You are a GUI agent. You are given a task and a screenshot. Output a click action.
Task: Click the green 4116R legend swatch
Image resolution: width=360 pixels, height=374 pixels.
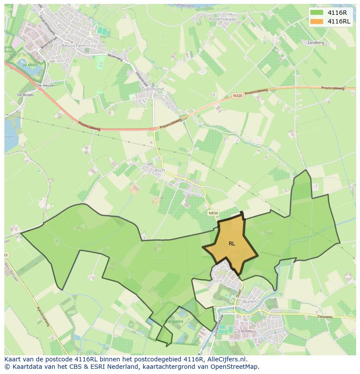point(317,13)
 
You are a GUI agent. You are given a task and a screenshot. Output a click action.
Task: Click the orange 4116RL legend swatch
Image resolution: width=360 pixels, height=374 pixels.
point(317,21)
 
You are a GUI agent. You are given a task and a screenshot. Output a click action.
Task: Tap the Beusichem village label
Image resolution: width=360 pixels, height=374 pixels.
point(73,45)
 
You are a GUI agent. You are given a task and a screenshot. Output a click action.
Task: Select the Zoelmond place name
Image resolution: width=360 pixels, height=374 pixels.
point(152,89)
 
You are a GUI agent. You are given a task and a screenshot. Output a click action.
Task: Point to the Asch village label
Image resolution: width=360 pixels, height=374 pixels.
point(160,170)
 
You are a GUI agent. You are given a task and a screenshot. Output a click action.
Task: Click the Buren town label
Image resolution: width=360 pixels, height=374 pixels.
point(250,301)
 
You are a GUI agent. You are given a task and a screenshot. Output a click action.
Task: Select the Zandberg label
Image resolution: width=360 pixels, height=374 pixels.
point(316,43)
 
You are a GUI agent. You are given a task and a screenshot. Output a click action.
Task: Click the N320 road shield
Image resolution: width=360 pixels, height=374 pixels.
point(237,96)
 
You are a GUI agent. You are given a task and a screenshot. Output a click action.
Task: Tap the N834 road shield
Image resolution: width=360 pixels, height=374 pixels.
point(213,213)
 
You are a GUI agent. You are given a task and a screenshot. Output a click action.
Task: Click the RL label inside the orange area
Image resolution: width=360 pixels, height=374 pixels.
point(232,244)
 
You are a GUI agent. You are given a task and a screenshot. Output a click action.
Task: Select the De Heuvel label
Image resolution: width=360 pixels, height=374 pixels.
point(45,86)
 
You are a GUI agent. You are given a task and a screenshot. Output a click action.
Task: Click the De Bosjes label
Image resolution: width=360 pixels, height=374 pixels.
point(25,94)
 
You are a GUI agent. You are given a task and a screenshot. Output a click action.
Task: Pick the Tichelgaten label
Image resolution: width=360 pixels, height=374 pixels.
point(172,321)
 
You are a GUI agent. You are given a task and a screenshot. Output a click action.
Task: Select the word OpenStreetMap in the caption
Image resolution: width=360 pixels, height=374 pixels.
point(235,367)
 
